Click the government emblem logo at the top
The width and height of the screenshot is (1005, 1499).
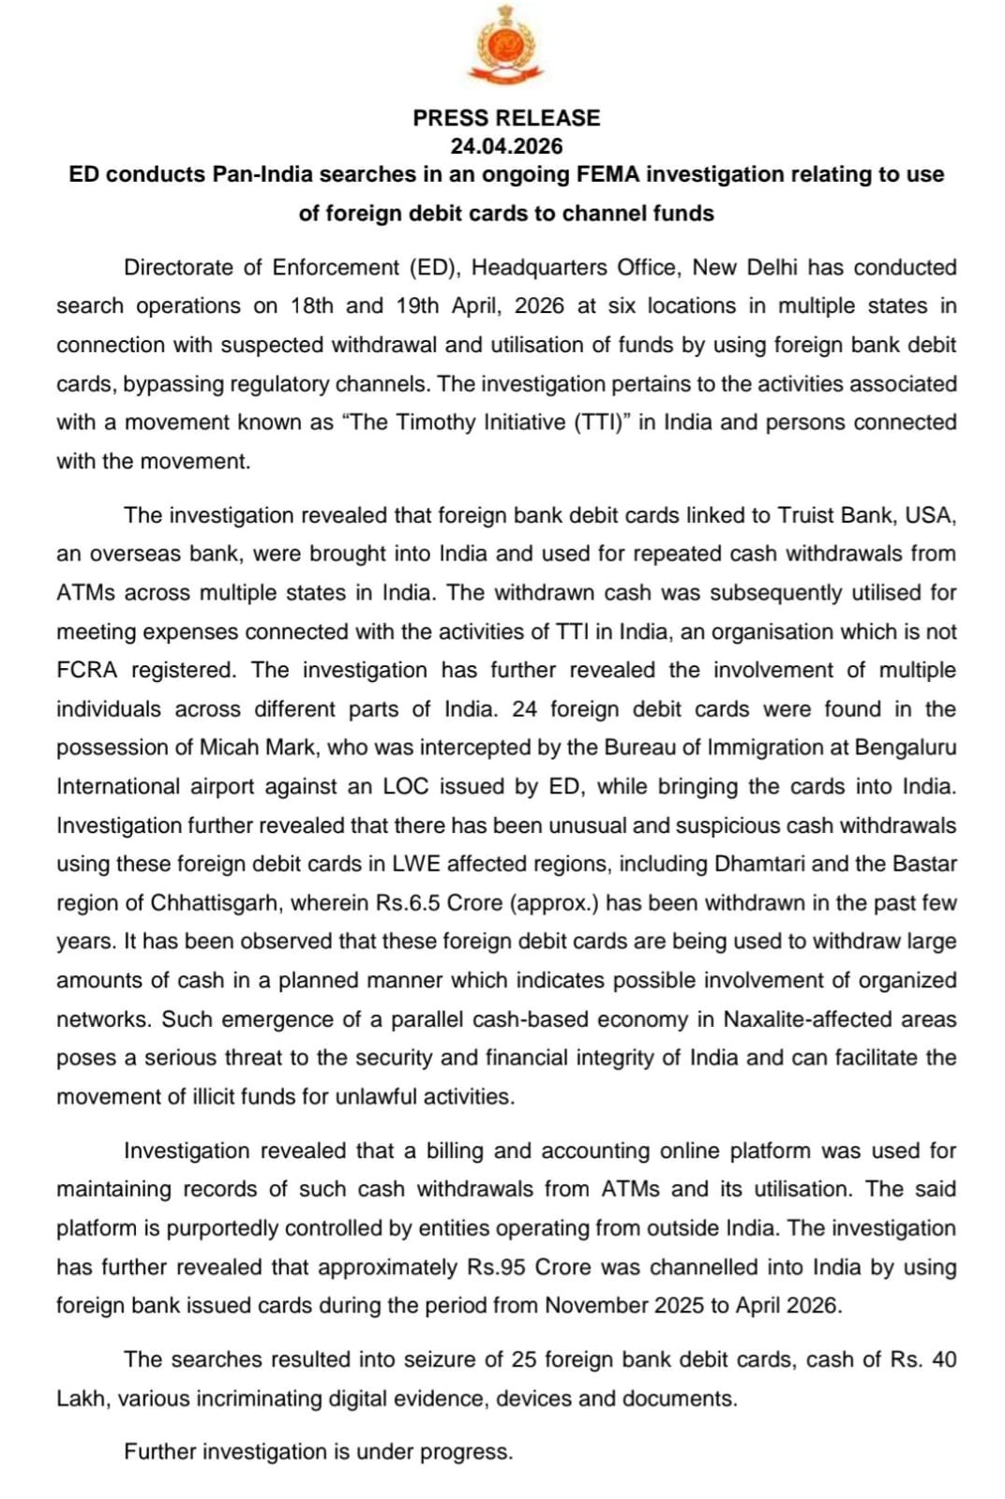tap(506, 44)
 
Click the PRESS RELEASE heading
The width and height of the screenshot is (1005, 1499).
tap(506, 118)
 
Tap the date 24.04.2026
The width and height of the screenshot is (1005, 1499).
tap(506, 146)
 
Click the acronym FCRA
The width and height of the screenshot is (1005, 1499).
tap(87, 670)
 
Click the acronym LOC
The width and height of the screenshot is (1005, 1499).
tap(405, 786)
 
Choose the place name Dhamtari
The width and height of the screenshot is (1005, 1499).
tap(768, 864)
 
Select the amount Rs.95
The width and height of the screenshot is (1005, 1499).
tap(496, 1267)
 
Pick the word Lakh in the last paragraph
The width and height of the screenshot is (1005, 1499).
tap(82, 1399)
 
